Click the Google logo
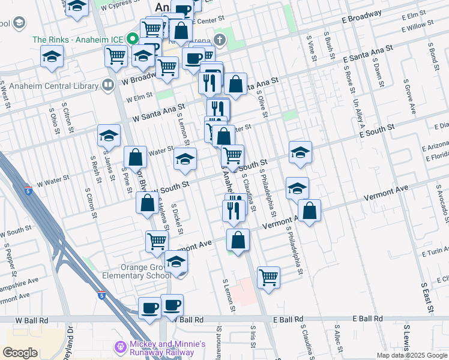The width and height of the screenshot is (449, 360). point(20,353)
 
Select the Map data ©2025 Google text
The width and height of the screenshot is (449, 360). point(411,355)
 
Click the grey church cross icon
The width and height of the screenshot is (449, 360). point(220,40)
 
